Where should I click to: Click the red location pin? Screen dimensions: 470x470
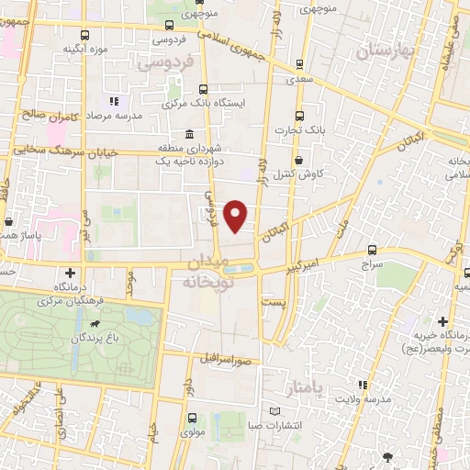[x=236, y=215]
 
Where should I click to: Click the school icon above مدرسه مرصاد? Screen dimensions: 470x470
[x=114, y=102]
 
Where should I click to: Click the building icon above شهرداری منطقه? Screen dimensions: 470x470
[x=188, y=132]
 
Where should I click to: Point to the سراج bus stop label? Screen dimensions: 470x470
[x=372, y=263]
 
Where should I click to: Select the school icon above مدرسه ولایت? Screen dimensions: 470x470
[x=363, y=384]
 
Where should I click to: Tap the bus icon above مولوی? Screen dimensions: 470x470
[x=191, y=418]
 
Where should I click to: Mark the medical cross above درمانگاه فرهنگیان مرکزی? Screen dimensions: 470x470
[x=71, y=274]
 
